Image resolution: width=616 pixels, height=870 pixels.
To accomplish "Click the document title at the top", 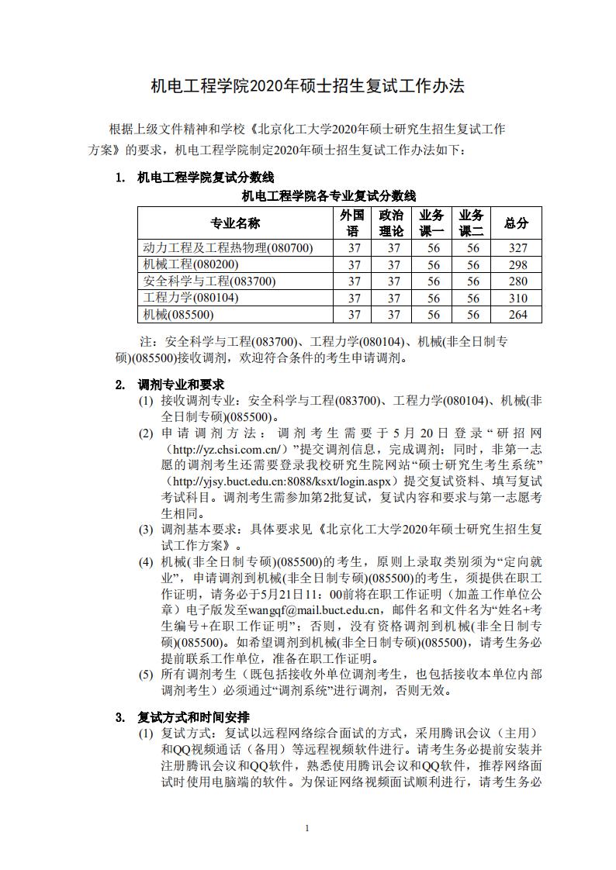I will coord(307,86).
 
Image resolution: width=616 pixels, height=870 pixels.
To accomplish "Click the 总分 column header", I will coord(516,223).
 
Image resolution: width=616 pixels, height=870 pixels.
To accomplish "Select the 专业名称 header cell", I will coord(235,223).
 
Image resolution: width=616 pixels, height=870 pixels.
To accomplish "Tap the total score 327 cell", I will coord(517,248).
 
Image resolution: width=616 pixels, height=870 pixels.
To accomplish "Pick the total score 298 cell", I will coord(517,264).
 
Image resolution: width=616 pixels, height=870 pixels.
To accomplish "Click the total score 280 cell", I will coord(517,281).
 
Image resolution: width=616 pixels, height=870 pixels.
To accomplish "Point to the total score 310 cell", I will coord(517,298).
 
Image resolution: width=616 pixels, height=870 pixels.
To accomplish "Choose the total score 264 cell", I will coord(517,315).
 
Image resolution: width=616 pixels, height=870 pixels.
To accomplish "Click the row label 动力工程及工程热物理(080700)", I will coord(228,248).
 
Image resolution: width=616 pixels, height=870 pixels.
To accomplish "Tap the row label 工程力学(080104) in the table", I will coord(191,298).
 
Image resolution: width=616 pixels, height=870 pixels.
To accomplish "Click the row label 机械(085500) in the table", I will coord(178,315).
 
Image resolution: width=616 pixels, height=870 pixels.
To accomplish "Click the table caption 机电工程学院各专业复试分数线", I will coord(329,195).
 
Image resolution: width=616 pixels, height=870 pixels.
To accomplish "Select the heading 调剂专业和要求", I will coord(181,385).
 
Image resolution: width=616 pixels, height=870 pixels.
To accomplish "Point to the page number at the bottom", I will coord(307,828).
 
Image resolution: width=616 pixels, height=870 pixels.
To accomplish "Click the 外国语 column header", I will coord(354,223).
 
